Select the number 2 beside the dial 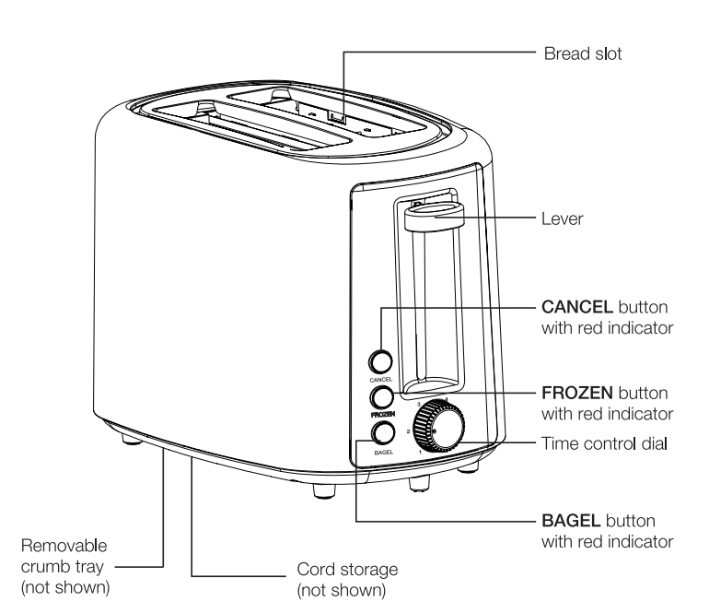tap(406, 430)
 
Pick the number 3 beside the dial tap(420, 404)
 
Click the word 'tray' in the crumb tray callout tap(92, 564)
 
